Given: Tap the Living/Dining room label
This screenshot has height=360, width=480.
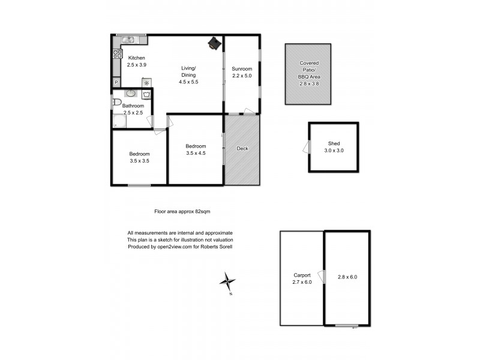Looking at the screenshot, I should point(188,75).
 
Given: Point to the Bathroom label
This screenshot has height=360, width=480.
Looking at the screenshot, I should point(133,106).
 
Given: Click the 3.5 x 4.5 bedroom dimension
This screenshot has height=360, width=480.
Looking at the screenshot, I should point(196,153).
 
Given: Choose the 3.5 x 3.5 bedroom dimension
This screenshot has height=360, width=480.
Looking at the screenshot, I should point(139,161).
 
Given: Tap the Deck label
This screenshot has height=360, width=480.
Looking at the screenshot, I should point(242,149).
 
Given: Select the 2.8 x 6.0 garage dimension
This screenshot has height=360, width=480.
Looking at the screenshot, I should point(347,277).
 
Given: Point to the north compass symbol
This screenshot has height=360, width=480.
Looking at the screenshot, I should point(227,281).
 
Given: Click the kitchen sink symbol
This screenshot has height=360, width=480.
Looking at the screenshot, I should point(129,40).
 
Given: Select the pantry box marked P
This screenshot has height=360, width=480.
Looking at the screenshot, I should point(116,82).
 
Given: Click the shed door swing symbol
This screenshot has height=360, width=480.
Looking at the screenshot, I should point(307,148).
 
